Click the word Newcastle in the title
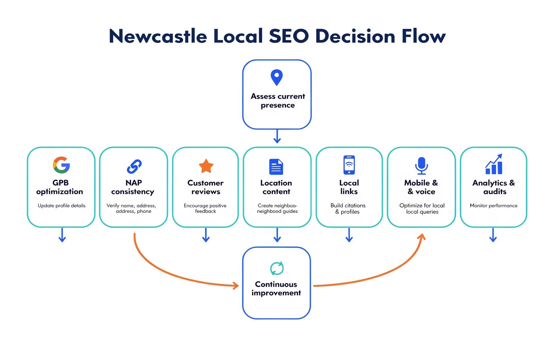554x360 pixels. pos(158,36)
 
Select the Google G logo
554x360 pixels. pos(61,165)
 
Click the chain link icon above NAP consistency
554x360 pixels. pos(134,166)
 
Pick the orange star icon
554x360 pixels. pos(206,166)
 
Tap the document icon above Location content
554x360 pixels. pos(276,166)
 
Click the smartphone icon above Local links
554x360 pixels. pos(349,165)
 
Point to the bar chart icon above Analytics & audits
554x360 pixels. pos(494,164)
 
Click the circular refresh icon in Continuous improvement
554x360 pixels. pos(277,268)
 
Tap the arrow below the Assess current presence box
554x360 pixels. pos(277,136)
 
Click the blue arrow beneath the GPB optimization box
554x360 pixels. pos(62,235)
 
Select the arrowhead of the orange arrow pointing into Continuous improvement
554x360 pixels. pos(235,286)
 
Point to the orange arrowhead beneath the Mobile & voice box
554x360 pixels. pos(422,237)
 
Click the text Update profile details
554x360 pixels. pos(61,206)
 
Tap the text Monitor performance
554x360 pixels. pos(493,206)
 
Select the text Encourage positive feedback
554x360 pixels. pos(205,208)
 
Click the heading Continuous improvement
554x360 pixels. pos(276,288)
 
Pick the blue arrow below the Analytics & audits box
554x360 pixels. pos(493,235)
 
